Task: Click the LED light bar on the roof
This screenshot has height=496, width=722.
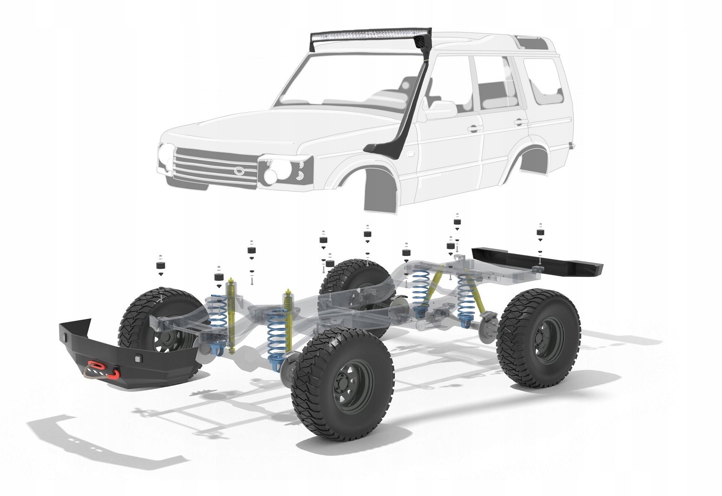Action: (x=371, y=35)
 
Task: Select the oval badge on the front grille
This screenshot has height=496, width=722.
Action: (x=239, y=171)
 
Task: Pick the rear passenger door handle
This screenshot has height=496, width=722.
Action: (x=521, y=122)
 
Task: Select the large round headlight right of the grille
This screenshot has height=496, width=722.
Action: (x=271, y=174)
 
